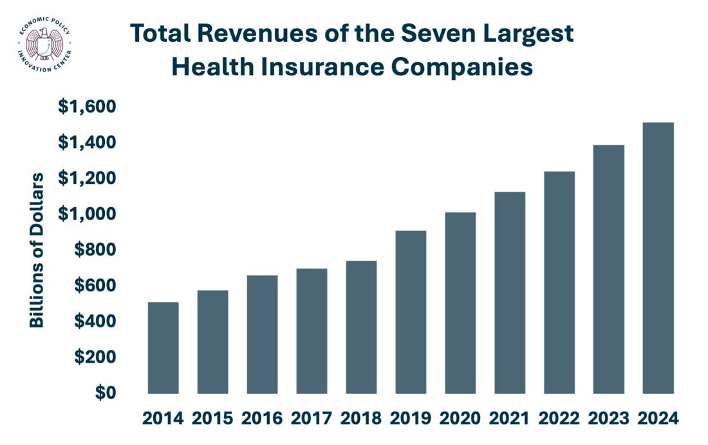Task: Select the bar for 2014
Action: pos(163,347)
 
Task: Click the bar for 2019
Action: pos(411,312)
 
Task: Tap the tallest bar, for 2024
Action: pos(658,258)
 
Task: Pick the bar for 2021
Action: pos(510,293)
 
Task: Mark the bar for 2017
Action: pos(312,331)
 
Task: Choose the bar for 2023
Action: pos(609,269)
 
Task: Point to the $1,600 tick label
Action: pos(87,107)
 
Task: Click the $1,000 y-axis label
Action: pos(87,214)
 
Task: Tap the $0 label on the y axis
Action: pos(106,393)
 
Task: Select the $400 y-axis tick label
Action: pos(95,321)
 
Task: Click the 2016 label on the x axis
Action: pos(262,419)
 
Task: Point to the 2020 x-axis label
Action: pos(460,419)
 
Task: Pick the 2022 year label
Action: pos(559,419)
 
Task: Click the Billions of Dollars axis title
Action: pos(37,250)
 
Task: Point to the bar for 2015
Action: pos(212,341)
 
